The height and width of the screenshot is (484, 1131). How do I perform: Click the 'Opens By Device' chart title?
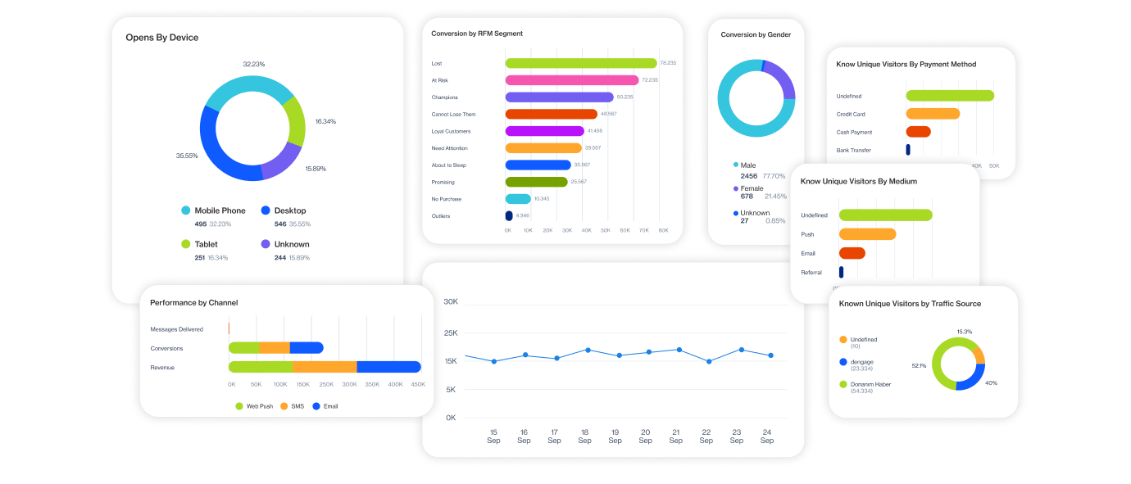click(x=162, y=38)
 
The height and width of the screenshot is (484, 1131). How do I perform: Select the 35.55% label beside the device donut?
click(x=187, y=156)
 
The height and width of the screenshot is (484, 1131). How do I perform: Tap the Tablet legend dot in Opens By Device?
click(x=186, y=244)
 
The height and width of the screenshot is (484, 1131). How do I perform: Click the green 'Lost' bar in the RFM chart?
click(x=580, y=63)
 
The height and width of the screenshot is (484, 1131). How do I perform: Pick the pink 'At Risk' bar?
click(x=571, y=80)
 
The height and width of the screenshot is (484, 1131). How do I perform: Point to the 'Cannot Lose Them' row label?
click(x=453, y=115)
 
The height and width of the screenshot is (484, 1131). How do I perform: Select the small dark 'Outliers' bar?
click(x=509, y=216)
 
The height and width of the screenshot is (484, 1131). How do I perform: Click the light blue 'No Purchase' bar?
click(x=518, y=199)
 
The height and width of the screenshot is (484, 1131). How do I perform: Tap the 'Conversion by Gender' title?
click(x=755, y=35)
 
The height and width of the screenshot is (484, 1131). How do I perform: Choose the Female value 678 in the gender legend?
click(x=746, y=197)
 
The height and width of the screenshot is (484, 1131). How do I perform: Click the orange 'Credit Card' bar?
click(x=933, y=114)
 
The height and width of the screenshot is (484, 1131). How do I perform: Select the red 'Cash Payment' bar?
click(x=918, y=132)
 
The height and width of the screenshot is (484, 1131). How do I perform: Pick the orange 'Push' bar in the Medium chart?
click(x=867, y=234)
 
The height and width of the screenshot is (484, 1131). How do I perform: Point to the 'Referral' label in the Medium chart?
click(x=811, y=273)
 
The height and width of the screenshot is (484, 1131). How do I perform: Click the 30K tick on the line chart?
click(x=450, y=302)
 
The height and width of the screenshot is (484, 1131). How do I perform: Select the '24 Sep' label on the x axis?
click(x=766, y=436)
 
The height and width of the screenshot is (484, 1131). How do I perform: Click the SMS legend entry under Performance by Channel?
click(x=292, y=406)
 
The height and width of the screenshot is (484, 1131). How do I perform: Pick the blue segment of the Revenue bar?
click(x=388, y=367)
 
